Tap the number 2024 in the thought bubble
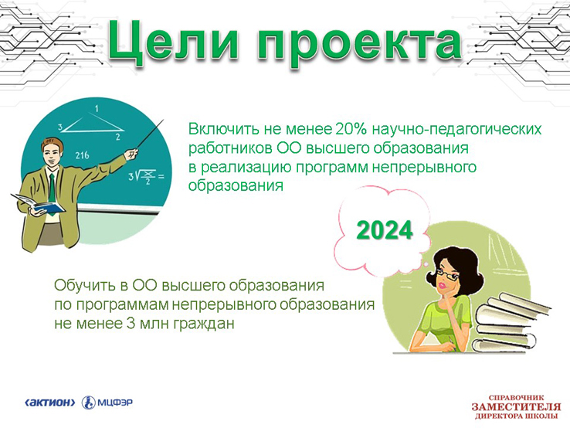click(385, 230)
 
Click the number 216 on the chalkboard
click(82, 155)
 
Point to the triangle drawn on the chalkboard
click(92, 123)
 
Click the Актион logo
click(49, 403)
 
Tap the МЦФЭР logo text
click(115, 403)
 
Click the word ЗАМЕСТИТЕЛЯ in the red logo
click(516, 406)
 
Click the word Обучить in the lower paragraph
click(83, 285)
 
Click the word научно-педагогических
click(456, 130)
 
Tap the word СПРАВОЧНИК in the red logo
click(516, 398)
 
